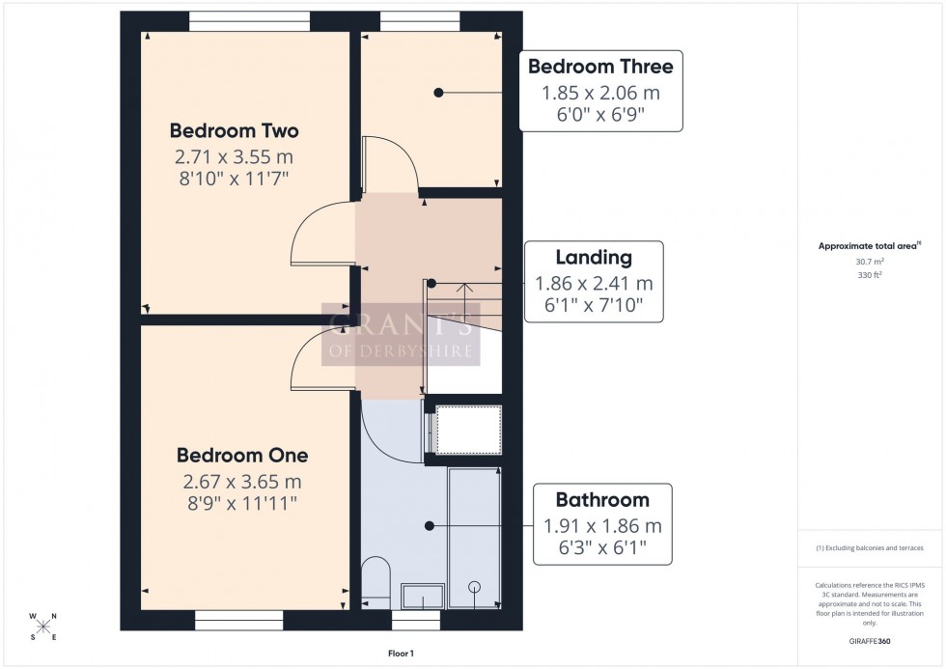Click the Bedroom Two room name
[235, 130]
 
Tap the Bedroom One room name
[242, 455]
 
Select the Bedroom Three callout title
[600, 67]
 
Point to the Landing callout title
[594, 258]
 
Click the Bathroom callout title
[601, 500]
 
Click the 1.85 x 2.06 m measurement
[600, 93]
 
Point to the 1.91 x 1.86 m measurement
[601, 526]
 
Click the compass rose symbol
[42, 627]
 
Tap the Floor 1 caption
[396, 654]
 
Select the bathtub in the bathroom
[474, 536]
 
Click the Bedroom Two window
[249, 16]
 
